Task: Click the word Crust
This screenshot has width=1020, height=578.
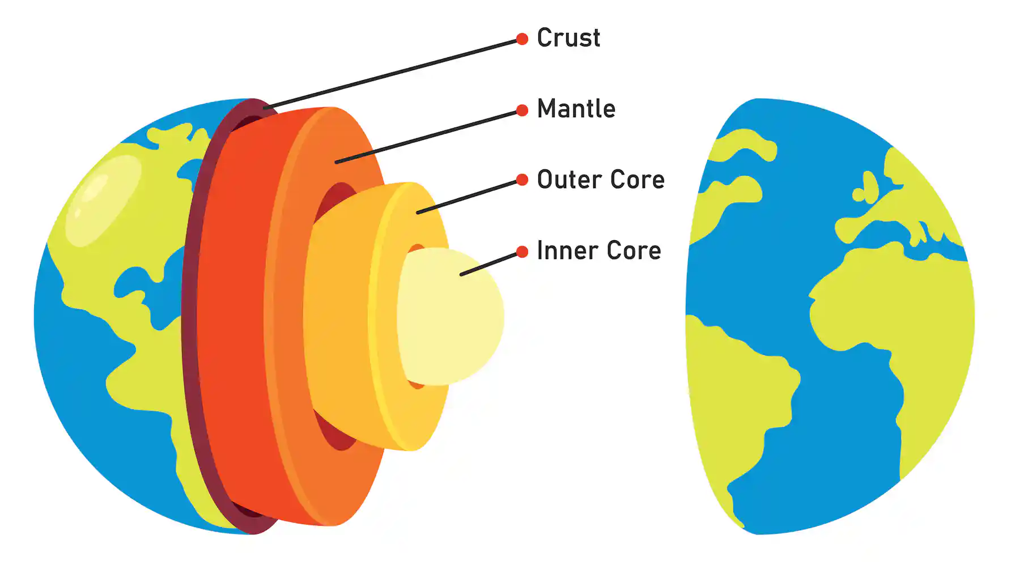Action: (x=568, y=38)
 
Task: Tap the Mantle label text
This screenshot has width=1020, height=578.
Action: (x=576, y=109)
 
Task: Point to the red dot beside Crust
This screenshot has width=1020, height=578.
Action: (x=522, y=39)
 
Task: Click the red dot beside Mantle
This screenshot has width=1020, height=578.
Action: (x=522, y=110)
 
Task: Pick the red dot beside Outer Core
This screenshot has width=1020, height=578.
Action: (x=522, y=181)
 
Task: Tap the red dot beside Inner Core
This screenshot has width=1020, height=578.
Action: (x=522, y=252)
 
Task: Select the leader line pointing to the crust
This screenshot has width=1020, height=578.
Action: (x=391, y=74)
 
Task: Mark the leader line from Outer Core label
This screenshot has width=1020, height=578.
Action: (x=467, y=197)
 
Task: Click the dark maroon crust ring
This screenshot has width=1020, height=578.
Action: (x=191, y=317)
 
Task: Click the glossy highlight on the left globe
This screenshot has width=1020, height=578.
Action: (x=102, y=198)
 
